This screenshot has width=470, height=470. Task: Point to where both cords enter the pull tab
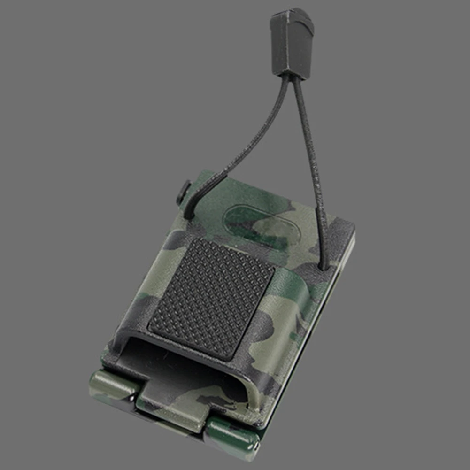(x=290, y=75)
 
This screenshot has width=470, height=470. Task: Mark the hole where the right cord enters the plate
(x=324, y=266)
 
